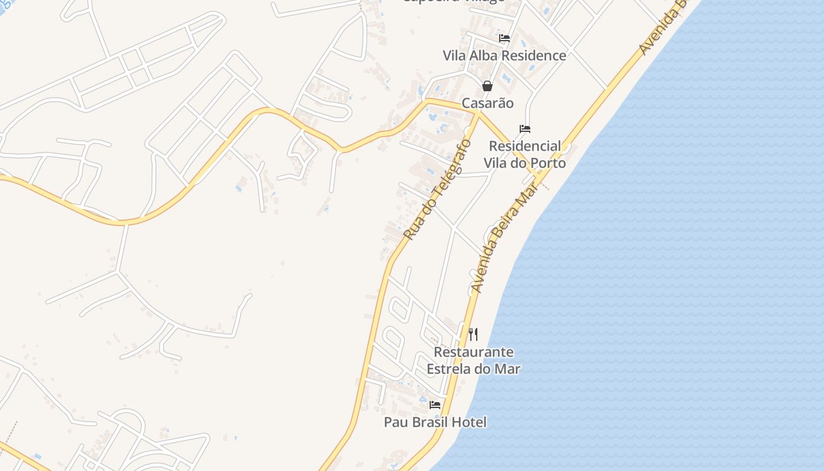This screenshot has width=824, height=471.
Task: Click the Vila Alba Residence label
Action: [504, 56]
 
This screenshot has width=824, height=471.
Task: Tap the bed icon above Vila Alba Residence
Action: [504, 38]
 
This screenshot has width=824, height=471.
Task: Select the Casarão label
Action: [487, 104]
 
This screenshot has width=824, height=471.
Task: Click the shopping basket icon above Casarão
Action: [487, 86]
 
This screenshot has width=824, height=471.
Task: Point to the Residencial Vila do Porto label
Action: [525, 154]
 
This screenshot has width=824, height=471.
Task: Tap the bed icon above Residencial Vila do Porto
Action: [525, 129]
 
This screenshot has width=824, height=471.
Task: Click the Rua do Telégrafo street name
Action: [438, 189]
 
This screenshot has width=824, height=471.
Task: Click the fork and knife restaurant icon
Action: [473, 334]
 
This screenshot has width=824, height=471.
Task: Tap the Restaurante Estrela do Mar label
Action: [473, 360]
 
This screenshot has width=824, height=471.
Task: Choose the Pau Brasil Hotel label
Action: [435, 422]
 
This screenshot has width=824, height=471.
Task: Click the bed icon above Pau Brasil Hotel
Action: [435, 405]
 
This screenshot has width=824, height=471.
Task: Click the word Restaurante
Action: [473, 352]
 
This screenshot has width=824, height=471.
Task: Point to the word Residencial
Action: [525, 146]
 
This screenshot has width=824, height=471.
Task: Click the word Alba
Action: [483, 56]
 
